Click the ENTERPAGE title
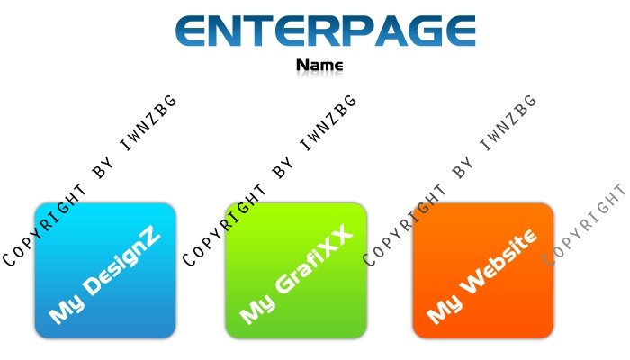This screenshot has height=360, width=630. pos(326,31)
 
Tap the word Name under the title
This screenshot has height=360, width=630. pos(319,65)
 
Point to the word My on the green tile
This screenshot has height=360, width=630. pos(257,309)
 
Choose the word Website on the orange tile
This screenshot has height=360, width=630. pos(499,261)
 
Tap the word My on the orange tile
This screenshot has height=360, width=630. pos(445,309)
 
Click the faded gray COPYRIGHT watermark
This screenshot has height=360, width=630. pos(585,225)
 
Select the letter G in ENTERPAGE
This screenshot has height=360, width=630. pos(425,31)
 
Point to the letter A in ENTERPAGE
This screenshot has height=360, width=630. pos(391,31)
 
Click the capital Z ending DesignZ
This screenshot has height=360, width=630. pos(151,240)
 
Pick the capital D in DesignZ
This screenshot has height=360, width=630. pos(94,285)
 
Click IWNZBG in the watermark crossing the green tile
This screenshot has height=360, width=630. pos(328,123)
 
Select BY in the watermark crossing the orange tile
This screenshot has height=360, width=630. pos(463,168)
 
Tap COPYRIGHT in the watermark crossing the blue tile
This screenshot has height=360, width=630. pos(45,225)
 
